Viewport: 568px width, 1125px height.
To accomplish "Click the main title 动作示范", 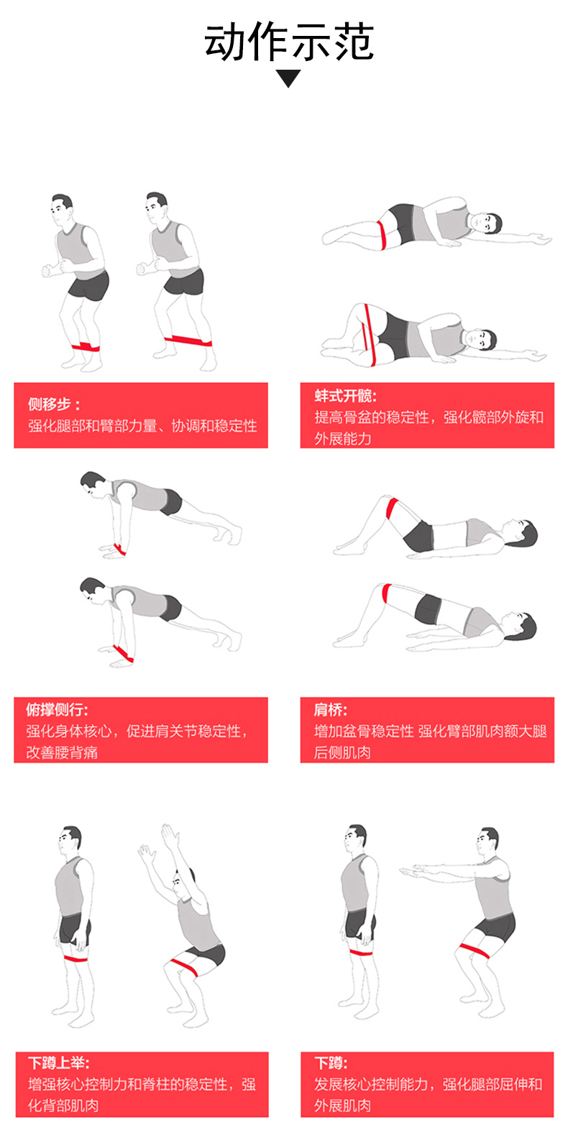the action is [x=288, y=42].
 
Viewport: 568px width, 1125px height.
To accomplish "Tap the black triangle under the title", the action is [x=288, y=78].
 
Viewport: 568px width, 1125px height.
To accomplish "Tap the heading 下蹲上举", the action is [x=58, y=1062].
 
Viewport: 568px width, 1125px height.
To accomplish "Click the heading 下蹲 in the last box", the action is [x=331, y=1062].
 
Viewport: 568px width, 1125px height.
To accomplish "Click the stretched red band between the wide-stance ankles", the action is [x=188, y=341].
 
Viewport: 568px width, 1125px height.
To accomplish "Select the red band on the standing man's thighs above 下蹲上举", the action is [x=75, y=958].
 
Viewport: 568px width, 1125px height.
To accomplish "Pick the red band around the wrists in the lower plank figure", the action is [x=123, y=653].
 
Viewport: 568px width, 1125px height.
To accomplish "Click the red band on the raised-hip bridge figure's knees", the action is [x=386, y=593].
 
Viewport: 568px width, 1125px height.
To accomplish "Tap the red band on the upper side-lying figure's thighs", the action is [x=383, y=234].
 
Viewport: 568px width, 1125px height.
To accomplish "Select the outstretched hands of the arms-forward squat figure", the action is [x=413, y=870].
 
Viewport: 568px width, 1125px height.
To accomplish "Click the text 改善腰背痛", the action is [x=62, y=752].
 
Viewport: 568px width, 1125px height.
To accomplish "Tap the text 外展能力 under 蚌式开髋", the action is [x=343, y=438].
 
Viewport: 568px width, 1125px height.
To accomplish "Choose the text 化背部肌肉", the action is [x=63, y=1106].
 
